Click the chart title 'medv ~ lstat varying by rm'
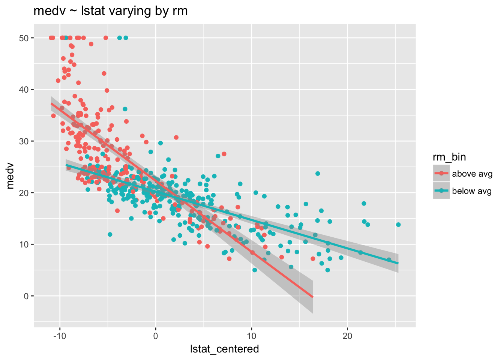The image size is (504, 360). [x=111, y=11]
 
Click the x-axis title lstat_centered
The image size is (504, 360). [x=224, y=349]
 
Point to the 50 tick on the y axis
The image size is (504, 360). [x=25, y=38]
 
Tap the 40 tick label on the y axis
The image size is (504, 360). [x=25, y=90]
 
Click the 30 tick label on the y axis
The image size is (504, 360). [x=25, y=141]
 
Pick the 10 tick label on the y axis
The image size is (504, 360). [x=25, y=244]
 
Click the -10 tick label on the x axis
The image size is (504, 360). [x=60, y=335]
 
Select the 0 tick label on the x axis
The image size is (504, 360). [x=156, y=335]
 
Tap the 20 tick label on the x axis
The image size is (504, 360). [x=347, y=335]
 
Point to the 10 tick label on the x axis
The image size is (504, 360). [x=251, y=335]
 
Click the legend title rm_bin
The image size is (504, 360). [x=449, y=157]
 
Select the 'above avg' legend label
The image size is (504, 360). [x=472, y=174]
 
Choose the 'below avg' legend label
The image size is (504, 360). [x=472, y=191]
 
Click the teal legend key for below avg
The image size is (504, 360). [x=441, y=191]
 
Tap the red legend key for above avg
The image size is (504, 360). [x=441, y=174]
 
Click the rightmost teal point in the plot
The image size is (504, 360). [x=398, y=225]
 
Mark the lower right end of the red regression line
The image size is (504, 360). [x=313, y=297]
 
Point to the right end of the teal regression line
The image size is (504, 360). [x=398, y=263]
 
